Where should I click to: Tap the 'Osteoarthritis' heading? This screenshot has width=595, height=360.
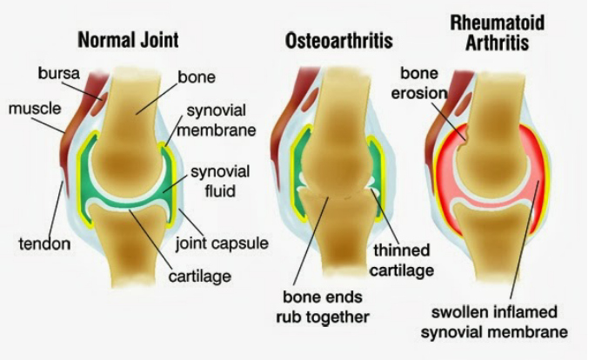338,41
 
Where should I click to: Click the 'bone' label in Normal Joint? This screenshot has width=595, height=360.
197,77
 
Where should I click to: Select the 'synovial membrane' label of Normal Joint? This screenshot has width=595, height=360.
217,121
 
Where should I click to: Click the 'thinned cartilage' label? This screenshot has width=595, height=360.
402,261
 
